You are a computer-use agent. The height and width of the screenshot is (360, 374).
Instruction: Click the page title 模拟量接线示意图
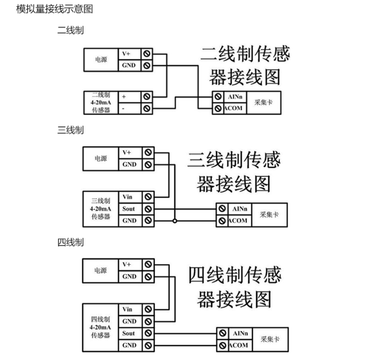point(54,9)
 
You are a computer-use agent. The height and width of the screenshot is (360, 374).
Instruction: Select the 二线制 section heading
point(70,31)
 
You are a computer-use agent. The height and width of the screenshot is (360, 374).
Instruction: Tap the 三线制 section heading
point(70,130)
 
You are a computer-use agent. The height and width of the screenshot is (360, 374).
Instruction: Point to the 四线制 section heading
point(70,242)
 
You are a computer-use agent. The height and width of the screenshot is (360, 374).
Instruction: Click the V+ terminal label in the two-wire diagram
point(127,54)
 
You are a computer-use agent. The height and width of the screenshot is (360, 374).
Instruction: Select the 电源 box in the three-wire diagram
point(101,158)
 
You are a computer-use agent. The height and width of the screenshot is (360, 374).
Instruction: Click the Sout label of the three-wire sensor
point(129,209)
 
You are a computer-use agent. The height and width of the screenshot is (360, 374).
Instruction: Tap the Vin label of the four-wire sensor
point(127,310)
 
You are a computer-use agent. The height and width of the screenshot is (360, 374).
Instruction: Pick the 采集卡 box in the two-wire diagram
point(263,102)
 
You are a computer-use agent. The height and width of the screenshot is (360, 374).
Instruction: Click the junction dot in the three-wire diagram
point(174,221)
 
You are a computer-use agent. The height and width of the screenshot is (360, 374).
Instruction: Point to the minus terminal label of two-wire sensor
point(123,108)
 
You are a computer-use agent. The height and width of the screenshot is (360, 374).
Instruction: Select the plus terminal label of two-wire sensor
point(124,96)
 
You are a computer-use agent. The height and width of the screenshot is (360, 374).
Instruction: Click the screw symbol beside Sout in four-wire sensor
point(148,333)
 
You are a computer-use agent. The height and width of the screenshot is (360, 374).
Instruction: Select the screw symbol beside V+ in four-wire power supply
point(148,265)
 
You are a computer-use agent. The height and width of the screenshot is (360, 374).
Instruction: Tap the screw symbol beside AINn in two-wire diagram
point(218,96)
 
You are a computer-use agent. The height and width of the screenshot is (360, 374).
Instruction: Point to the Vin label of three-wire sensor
point(127,197)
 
